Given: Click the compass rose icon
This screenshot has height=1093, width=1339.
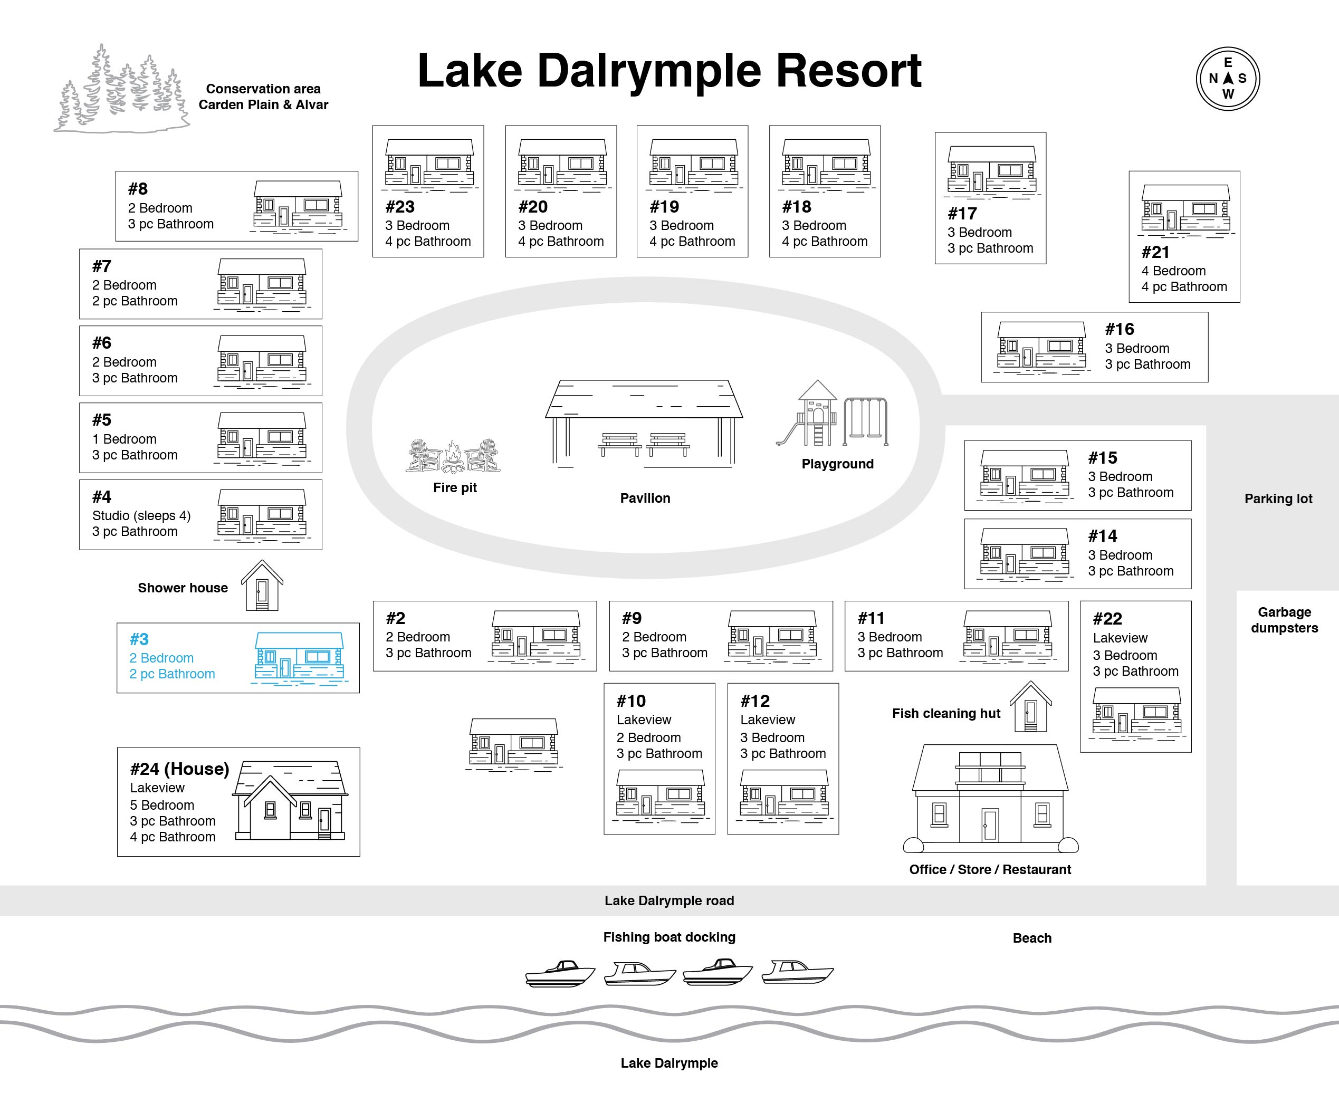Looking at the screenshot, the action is click(1228, 79).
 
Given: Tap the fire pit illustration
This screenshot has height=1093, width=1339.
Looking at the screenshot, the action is click(453, 455).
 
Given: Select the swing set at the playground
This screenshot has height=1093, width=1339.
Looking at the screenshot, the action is click(866, 420).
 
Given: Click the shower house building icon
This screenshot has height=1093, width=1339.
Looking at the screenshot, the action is click(262, 585).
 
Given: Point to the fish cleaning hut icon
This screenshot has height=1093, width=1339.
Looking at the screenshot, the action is click(1030, 706).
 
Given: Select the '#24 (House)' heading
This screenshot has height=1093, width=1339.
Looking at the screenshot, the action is click(179, 769).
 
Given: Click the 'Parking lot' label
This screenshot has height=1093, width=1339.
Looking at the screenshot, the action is click(1278, 498).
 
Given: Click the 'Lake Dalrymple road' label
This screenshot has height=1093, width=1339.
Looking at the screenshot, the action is click(669, 900).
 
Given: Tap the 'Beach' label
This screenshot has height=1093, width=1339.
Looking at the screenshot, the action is click(1032, 937).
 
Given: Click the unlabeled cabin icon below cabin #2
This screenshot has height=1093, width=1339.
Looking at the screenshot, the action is click(514, 743).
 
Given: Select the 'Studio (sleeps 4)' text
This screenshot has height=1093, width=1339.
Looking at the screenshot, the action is click(141, 516).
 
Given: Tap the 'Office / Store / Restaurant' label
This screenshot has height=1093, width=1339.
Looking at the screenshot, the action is click(990, 869).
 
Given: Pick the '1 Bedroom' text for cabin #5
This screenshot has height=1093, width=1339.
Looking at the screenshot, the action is click(124, 439).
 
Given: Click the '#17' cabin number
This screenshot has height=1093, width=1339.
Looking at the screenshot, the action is click(962, 214).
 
